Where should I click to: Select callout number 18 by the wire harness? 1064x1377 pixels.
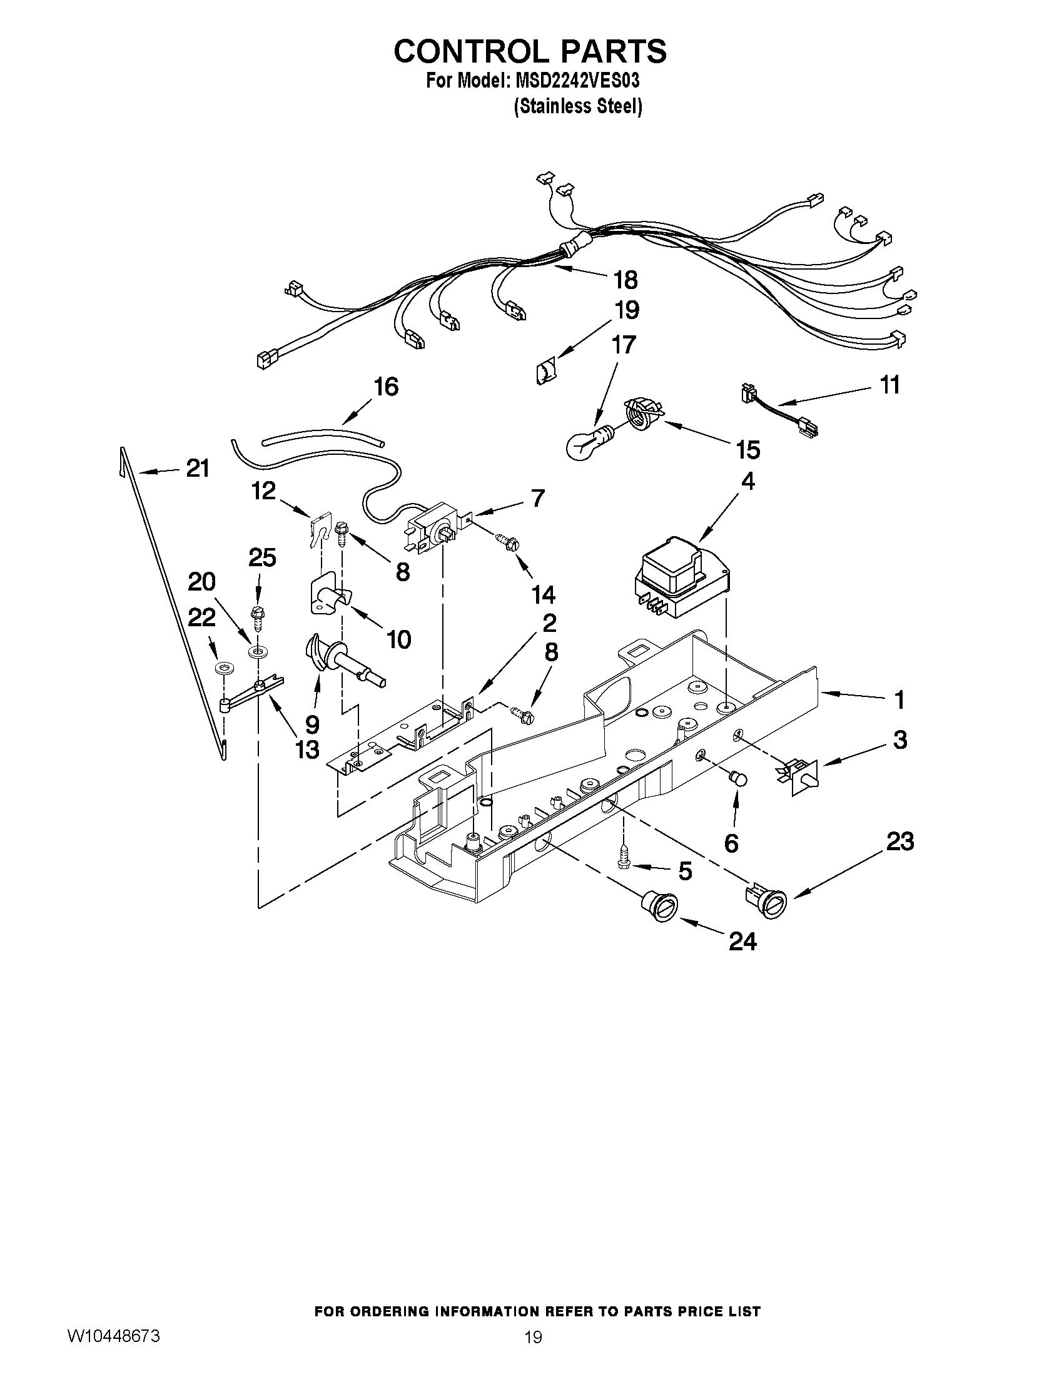point(627,279)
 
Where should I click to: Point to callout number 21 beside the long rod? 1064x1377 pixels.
point(197,468)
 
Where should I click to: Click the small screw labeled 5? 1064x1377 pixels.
point(625,861)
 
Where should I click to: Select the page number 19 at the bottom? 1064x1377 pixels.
point(534,1337)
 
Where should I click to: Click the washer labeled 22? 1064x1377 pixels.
point(221,668)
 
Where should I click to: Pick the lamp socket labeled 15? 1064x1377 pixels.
point(643,414)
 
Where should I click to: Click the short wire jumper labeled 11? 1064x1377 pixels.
point(779,410)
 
